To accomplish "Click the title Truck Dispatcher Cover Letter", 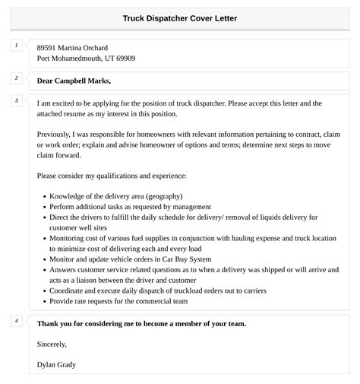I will click(179, 18).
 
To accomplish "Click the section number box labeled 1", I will click(16, 46).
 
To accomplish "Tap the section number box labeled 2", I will click(16, 78).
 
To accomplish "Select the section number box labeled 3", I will click(16, 100).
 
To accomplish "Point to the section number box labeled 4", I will click(16, 321).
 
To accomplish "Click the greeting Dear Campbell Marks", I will click(74, 81).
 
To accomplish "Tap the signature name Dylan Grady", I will click(56, 364).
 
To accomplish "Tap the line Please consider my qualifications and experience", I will click(111, 176).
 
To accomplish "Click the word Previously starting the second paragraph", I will click(58, 135).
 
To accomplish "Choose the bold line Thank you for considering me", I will click(141, 323).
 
